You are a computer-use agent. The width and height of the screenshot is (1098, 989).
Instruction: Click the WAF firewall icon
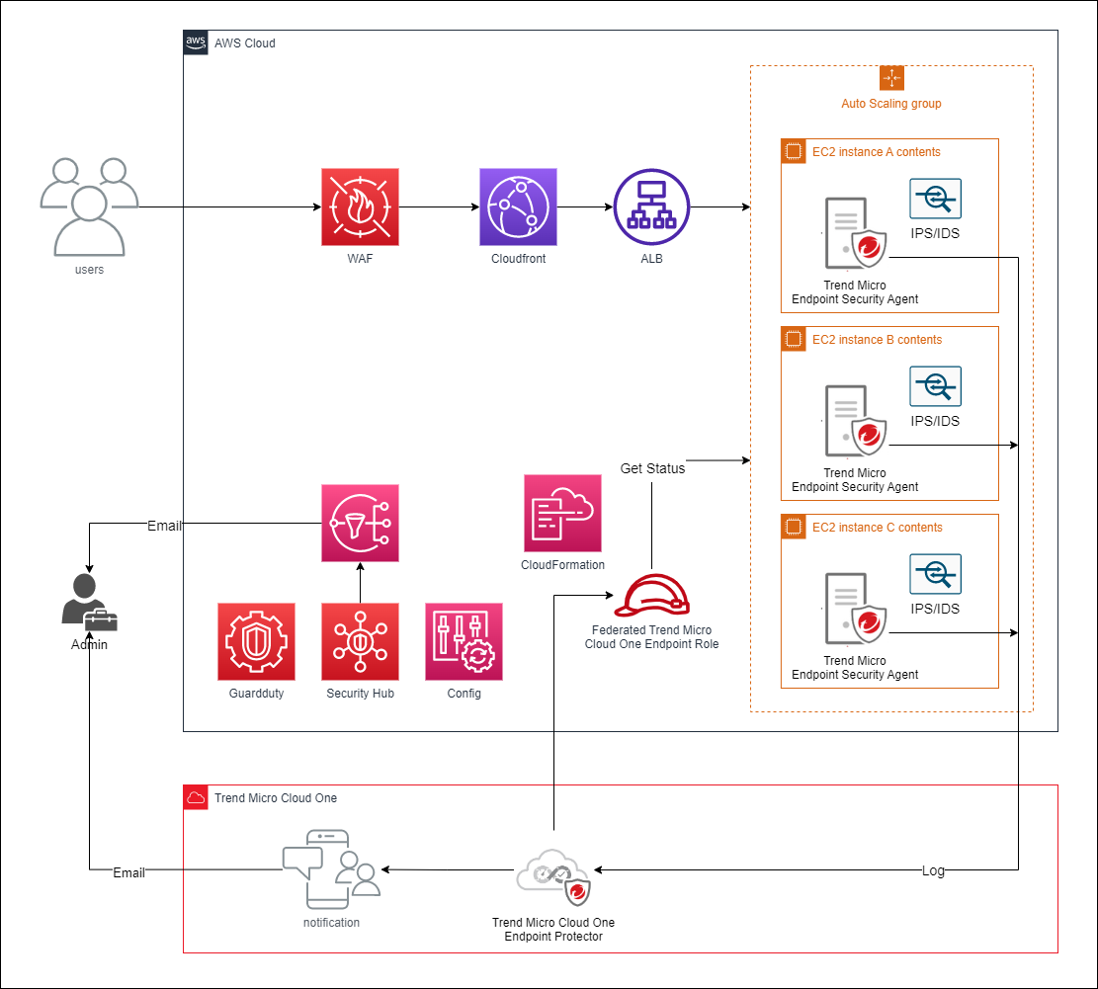tap(360, 206)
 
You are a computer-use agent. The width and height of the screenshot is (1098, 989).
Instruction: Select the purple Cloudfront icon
tap(518, 206)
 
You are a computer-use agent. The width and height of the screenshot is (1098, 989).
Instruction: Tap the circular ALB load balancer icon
tap(651, 206)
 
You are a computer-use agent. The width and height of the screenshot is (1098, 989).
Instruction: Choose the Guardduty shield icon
tap(256, 641)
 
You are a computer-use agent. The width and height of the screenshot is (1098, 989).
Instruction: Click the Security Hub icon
tap(360, 641)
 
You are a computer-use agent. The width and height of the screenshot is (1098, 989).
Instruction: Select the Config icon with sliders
tap(464, 641)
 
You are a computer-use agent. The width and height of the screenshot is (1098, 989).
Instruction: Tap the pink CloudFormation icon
tap(562, 513)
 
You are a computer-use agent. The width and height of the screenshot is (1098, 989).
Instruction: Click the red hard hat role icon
tap(651, 595)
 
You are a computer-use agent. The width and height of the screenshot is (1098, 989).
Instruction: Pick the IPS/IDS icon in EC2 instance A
tap(935, 199)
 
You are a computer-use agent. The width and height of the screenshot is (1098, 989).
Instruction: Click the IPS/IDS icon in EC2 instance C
tap(935, 574)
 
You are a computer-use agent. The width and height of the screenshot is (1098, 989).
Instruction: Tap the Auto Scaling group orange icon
tap(891, 78)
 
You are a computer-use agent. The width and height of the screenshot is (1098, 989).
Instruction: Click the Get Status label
tap(652, 468)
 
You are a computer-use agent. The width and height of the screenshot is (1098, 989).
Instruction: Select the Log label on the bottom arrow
tap(933, 870)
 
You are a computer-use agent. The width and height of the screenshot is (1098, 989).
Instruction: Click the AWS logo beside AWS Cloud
tap(196, 42)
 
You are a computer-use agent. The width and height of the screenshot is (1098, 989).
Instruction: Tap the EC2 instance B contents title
tap(877, 340)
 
